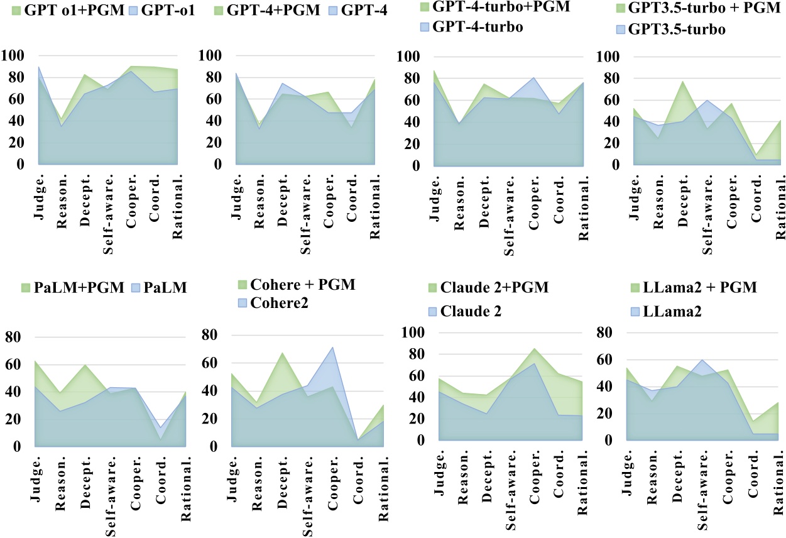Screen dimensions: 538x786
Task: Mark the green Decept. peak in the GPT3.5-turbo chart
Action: tap(681, 82)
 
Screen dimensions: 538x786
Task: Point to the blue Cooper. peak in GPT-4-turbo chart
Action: tap(533, 78)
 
